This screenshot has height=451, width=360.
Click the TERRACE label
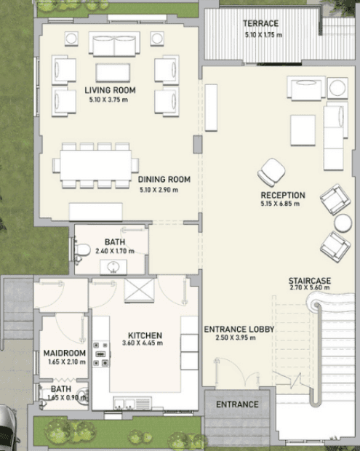pyautogui.click(x=261, y=23)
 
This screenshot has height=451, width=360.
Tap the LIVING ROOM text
pyautogui.click(x=110, y=90)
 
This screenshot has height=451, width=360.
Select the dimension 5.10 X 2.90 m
pyautogui.click(x=159, y=190)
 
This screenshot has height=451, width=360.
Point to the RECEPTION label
pyautogui.click(x=283, y=195)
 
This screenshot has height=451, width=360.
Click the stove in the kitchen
pyautogui.click(x=100, y=354)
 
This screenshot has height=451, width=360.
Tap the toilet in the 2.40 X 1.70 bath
pyautogui.click(x=82, y=250)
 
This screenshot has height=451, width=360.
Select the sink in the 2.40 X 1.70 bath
pyautogui.click(x=113, y=267)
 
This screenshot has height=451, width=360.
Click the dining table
pyautogui.click(x=96, y=165)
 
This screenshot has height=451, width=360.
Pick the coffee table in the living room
pyautogui.click(x=113, y=73)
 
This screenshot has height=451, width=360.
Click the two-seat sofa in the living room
pyautogui.click(x=114, y=44)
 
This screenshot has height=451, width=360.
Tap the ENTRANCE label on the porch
pyautogui.click(x=237, y=404)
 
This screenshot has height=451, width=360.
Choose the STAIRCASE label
pyautogui.click(x=310, y=281)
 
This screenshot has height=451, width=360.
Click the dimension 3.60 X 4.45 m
pyautogui.click(x=143, y=343)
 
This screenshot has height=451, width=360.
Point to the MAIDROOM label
pyautogui.click(x=65, y=353)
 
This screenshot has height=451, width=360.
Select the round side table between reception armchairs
pyautogui.click(x=343, y=223)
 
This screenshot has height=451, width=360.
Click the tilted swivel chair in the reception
pyautogui.click(x=271, y=172)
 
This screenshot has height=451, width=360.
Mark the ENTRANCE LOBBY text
pyautogui.click(x=239, y=330)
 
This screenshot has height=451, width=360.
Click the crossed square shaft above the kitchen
pyautogui.click(x=139, y=290)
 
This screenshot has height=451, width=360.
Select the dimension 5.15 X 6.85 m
pyautogui.click(x=280, y=204)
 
